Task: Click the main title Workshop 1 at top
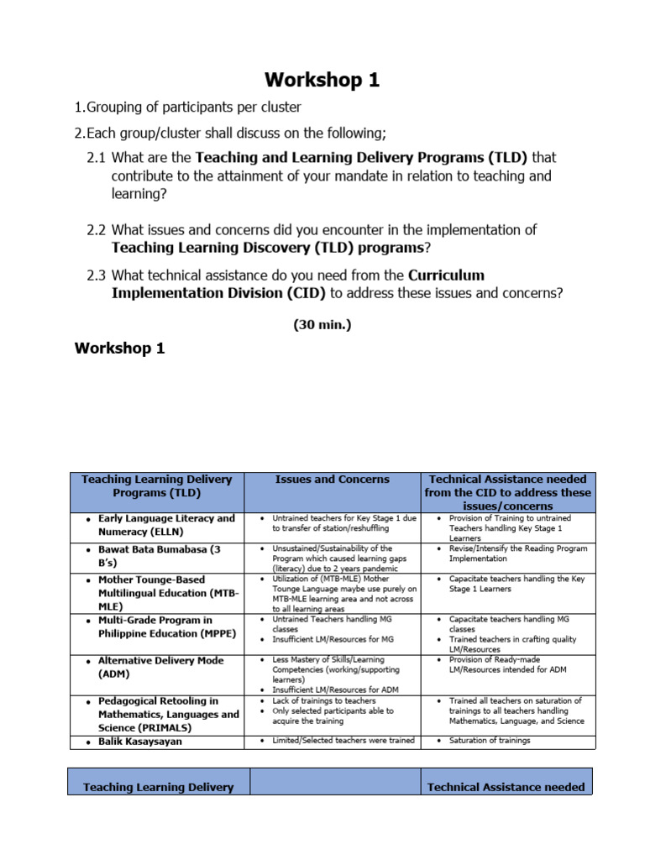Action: click(x=322, y=81)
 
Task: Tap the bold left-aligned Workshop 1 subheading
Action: click(x=119, y=348)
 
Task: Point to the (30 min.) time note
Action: click(x=322, y=324)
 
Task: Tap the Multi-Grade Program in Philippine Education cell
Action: click(x=160, y=627)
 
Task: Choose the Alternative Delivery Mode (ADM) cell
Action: click(x=160, y=667)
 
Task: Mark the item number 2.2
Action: click(x=97, y=230)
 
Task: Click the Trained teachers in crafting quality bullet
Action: click(x=513, y=639)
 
